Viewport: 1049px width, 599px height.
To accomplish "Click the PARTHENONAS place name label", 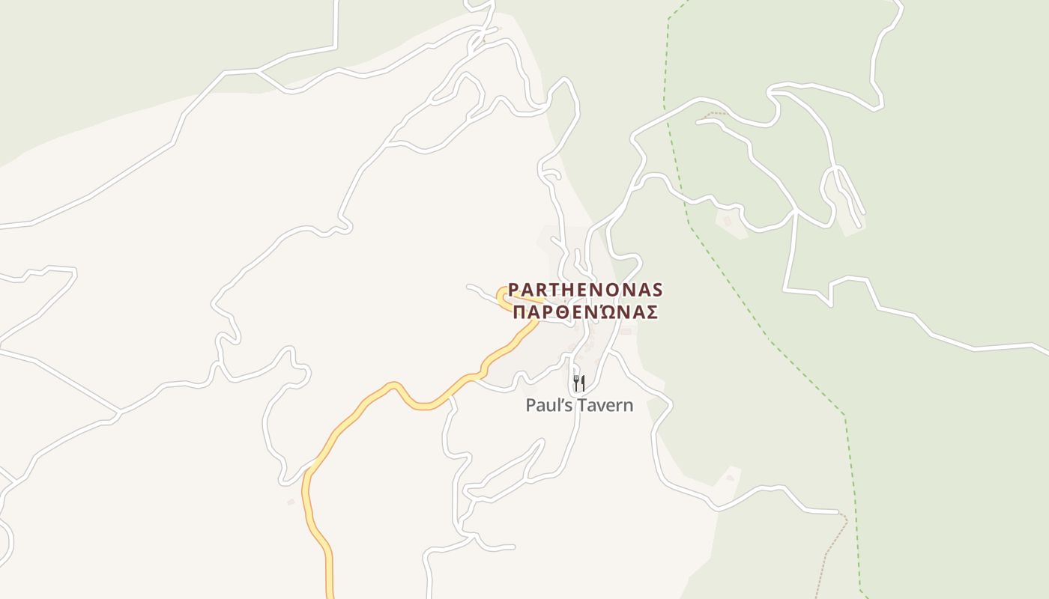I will [x=585, y=290].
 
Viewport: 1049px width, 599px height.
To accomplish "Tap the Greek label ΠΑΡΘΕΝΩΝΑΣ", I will [x=585, y=312].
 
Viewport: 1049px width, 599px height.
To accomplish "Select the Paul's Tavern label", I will [x=579, y=406].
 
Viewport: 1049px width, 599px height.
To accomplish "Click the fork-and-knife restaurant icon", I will [x=578, y=384].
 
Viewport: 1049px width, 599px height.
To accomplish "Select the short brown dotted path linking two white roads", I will [x=716, y=115].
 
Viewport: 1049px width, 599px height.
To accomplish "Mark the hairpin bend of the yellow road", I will [x=501, y=295].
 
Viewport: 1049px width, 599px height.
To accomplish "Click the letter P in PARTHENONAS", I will [x=513, y=290].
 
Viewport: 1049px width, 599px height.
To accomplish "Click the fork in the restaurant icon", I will [x=575, y=384].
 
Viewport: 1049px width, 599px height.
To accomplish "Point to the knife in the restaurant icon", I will [x=582, y=384].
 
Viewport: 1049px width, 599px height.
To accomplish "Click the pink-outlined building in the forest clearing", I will [x=727, y=222].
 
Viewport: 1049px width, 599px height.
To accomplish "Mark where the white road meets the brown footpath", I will [x=838, y=513].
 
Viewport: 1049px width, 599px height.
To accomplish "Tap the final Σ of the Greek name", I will [x=652, y=312].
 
